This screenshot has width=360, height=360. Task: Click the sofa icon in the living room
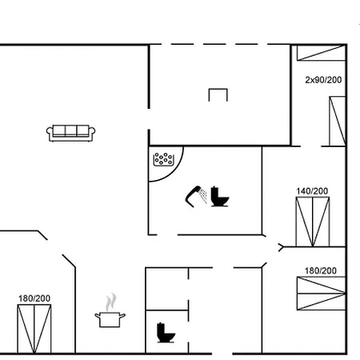pos(71,133)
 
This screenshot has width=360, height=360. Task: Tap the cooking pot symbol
pos(110,319)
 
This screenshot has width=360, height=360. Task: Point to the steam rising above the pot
pos(110,302)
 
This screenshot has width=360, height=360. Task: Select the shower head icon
pos(195,194)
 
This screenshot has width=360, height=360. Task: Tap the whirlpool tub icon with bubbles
pos(164,158)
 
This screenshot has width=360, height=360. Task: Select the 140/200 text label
pos(312,191)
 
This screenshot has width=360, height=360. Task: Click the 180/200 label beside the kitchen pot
pos(34,298)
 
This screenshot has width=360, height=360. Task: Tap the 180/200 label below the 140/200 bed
pos(321,270)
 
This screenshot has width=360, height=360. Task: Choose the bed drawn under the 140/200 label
pos(312,222)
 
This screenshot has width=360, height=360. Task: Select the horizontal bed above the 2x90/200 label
pos(321,54)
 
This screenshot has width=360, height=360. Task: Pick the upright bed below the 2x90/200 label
pos(337,122)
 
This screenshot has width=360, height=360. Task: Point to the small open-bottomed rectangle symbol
pos(218,94)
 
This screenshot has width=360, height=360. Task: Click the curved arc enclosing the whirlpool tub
pos(180,162)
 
